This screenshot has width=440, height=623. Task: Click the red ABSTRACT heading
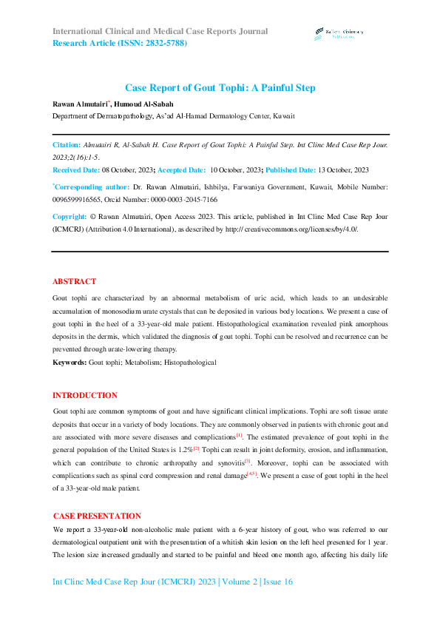click(x=74, y=282)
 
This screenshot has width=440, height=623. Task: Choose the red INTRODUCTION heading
click(x=84, y=396)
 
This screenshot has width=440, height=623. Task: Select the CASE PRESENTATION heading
click(x=96, y=515)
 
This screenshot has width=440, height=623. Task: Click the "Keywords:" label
click(x=69, y=363)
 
